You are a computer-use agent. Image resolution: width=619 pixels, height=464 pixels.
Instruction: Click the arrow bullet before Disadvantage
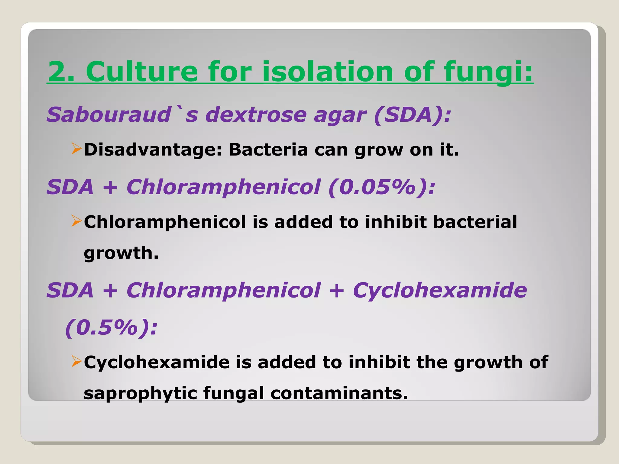tap(76, 149)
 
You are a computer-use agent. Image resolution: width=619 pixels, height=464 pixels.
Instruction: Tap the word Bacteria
tap(268, 150)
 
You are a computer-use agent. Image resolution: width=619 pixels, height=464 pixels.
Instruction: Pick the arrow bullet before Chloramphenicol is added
tap(76, 221)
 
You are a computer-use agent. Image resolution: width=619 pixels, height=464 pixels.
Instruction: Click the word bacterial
tap(475, 222)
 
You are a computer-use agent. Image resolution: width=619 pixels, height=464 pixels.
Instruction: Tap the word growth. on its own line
tap(121, 253)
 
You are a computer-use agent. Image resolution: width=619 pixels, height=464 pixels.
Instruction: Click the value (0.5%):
tap(112, 327)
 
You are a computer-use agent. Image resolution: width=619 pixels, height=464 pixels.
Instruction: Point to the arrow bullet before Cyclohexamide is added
tap(76, 361)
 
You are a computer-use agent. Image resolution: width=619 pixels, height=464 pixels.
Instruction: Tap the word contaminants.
tap(339, 394)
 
